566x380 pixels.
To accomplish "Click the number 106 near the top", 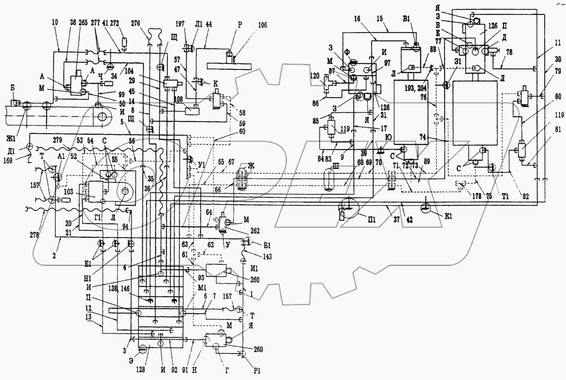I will (262, 25).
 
